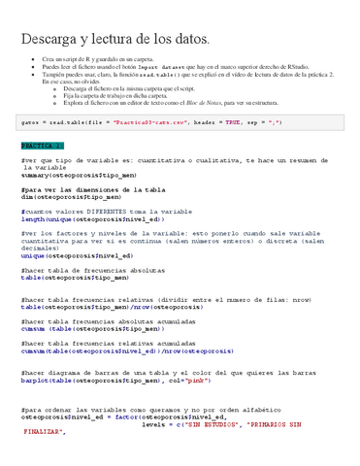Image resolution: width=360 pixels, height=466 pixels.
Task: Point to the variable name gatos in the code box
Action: pos(28,123)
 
